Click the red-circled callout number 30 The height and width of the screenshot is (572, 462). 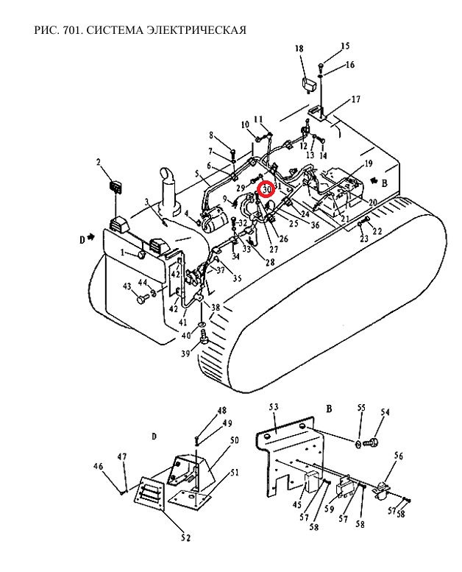pyautogui.click(x=267, y=190)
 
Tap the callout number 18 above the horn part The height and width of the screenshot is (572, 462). pyautogui.click(x=299, y=49)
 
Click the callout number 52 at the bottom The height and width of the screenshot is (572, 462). pyautogui.click(x=185, y=537)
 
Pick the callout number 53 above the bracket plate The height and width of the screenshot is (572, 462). pyautogui.click(x=274, y=407)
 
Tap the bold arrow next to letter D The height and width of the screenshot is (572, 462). pyautogui.click(x=90, y=238)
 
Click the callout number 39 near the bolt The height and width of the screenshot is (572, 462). pyautogui.click(x=185, y=353)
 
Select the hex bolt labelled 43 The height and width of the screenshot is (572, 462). pyautogui.click(x=141, y=300)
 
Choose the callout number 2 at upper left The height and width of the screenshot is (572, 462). pyautogui.click(x=99, y=161)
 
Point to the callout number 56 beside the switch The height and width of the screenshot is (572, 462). pyautogui.click(x=399, y=456)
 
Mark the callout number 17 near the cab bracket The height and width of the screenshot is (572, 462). pyautogui.click(x=356, y=99)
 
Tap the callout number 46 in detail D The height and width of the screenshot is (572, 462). pyautogui.click(x=98, y=466)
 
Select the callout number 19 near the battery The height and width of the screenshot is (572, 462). pyautogui.click(x=368, y=163)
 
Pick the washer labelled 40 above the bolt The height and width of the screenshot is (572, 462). pyautogui.click(x=202, y=325)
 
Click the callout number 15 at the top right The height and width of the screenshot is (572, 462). pyautogui.click(x=345, y=46)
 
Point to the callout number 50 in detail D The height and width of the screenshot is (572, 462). pyautogui.click(x=234, y=440)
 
